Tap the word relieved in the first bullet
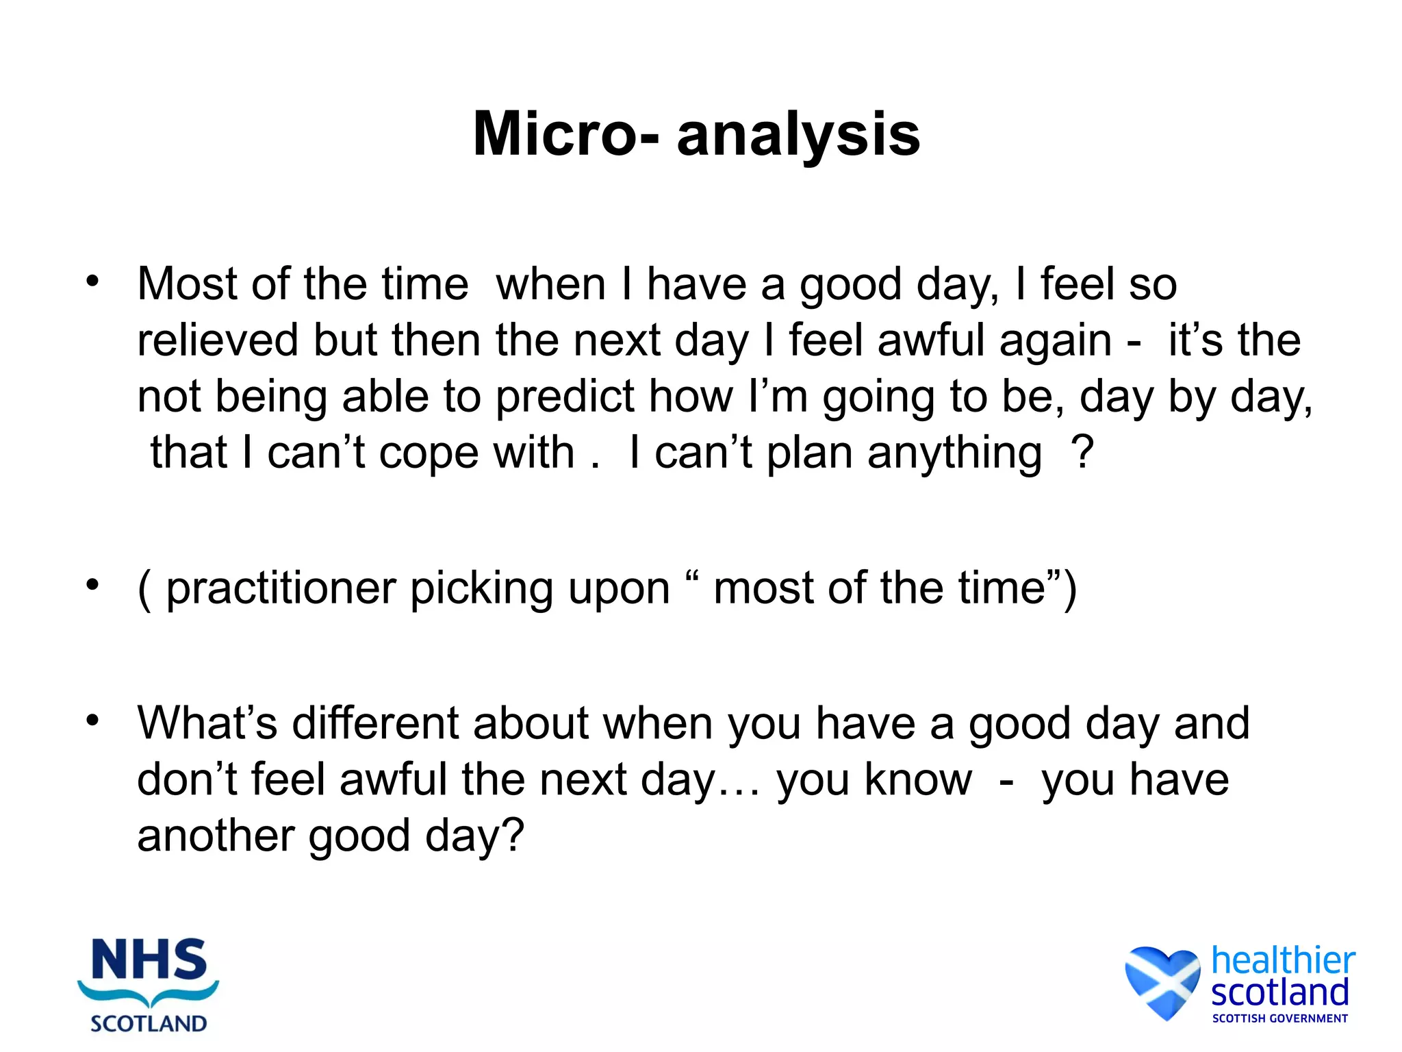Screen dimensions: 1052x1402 pyautogui.click(x=218, y=340)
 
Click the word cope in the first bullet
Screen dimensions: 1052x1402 pyautogui.click(x=429, y=453)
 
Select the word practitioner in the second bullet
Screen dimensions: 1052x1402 pyautogui.click(x=281, y=589)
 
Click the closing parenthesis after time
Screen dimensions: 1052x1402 pyautogui.click(x=1070, y=589)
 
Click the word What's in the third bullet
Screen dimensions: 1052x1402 pyautogui.click(x=207, y=723)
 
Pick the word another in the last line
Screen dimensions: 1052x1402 pyautogui.click(x=216, y=837)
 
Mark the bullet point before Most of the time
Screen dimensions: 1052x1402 pyautogui.click(x=93, y=281)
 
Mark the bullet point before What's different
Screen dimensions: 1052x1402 pyautogui.click(x=93, y=721)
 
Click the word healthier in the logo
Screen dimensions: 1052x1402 pyautogui.click(x=1283, y=960)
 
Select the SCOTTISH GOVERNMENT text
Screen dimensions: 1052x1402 pyautogui.click(x=1279, y=1018)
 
